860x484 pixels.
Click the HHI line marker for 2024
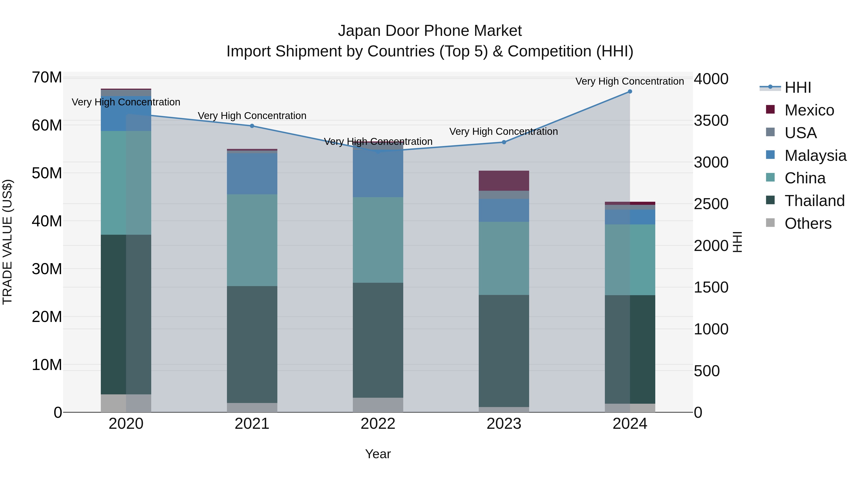click(x=630, y=92)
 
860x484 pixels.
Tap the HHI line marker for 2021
click(x=252, y=126)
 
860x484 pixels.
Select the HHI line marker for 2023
click(x=504, y=142)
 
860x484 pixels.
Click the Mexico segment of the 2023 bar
click(x=504, y=181)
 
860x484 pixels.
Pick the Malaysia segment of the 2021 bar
click(x=252, y=174)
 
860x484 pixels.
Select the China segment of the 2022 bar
click(x=378, y=240)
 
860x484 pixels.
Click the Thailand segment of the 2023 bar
click(x=504, y=351)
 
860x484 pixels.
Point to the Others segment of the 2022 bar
click(x=378, y=405)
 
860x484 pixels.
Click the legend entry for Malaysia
click(x=815, y=156)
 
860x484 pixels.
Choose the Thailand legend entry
click(x=814, y=201)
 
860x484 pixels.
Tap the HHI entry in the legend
click(x=798, y=87)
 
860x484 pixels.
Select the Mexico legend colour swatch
click(x=770, y=109)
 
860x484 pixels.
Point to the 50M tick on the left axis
click(x=47, y=173)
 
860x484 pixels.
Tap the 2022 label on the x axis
click(x=378, y=424)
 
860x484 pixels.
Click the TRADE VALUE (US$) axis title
click(x=7, y=242)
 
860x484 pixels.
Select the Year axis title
click(x=378, y=454)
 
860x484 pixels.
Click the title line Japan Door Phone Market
click(x=430, y=31)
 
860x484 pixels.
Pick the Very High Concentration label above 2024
click(x=630, y=81)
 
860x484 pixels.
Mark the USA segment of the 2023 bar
click(x=504, y=195)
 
